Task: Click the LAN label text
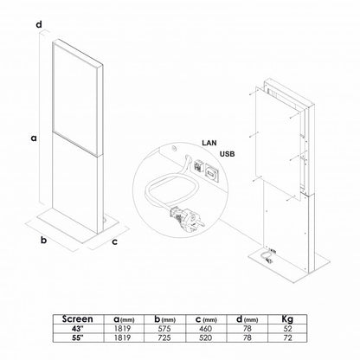[209, 143]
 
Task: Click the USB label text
[228, 154]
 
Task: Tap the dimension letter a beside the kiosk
[34, 138]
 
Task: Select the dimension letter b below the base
[43, 240]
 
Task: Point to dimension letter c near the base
[114, 241]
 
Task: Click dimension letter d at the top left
[39, 24]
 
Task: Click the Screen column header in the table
[78, 319]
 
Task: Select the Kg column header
[287, 319]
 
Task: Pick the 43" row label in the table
[78, 329]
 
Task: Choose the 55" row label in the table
[78, 337]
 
